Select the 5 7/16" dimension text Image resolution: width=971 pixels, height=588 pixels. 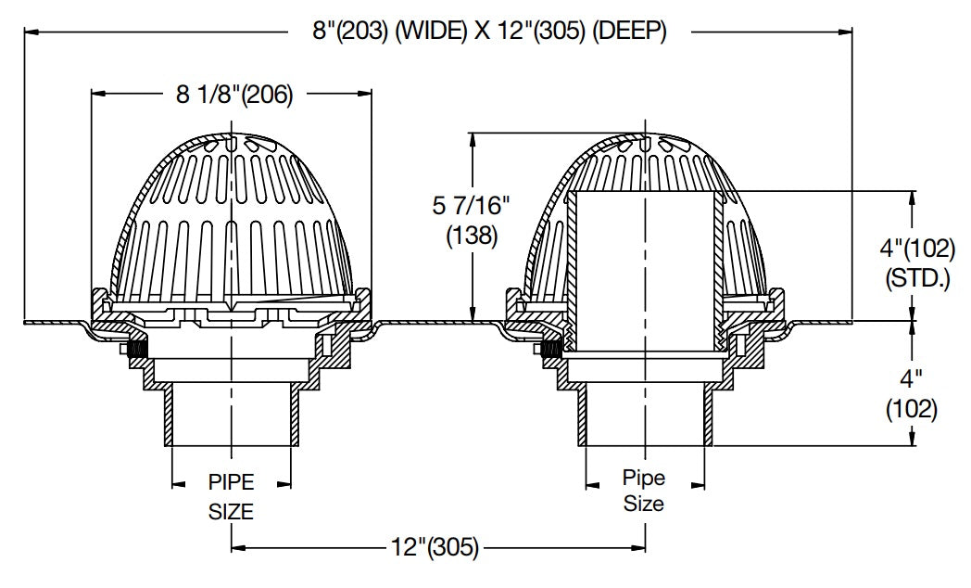click(x=472, y=209)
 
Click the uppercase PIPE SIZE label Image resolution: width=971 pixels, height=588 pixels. click(x=231, y=495)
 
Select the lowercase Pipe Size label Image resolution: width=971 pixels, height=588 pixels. click(x=643, y=492)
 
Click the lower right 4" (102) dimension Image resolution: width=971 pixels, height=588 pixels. click(x=914, y=393)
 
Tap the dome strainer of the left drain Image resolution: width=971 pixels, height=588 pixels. click(x=231, y=213)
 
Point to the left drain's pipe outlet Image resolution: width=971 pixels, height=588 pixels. click(x=231, y=417)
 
